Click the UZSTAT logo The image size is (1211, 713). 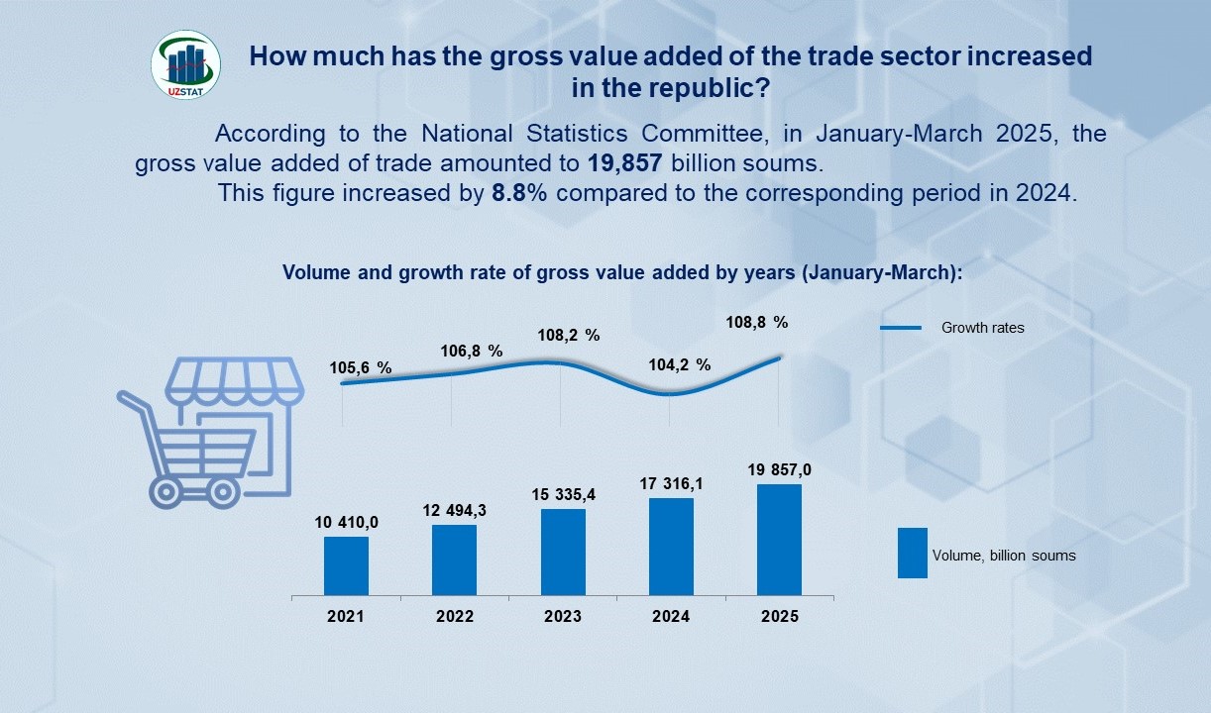pos(185,64)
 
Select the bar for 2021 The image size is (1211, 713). pos(346,566)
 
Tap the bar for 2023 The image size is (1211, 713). pos(563,553)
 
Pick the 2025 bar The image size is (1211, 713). pos(779,541)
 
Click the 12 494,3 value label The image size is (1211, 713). pos(454,511)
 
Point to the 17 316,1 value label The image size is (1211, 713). pos(671,484)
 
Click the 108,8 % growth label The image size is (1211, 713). pos(758,322)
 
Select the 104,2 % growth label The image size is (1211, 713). pos(680,364)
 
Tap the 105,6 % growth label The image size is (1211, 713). pos(361,368)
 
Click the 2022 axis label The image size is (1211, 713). pos(454,616)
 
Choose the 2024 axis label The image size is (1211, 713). pos(671,616)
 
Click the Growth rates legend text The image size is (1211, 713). pos(982,328)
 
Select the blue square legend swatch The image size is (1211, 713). pos(912,553)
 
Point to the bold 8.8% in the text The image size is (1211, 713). pos(519,193)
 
